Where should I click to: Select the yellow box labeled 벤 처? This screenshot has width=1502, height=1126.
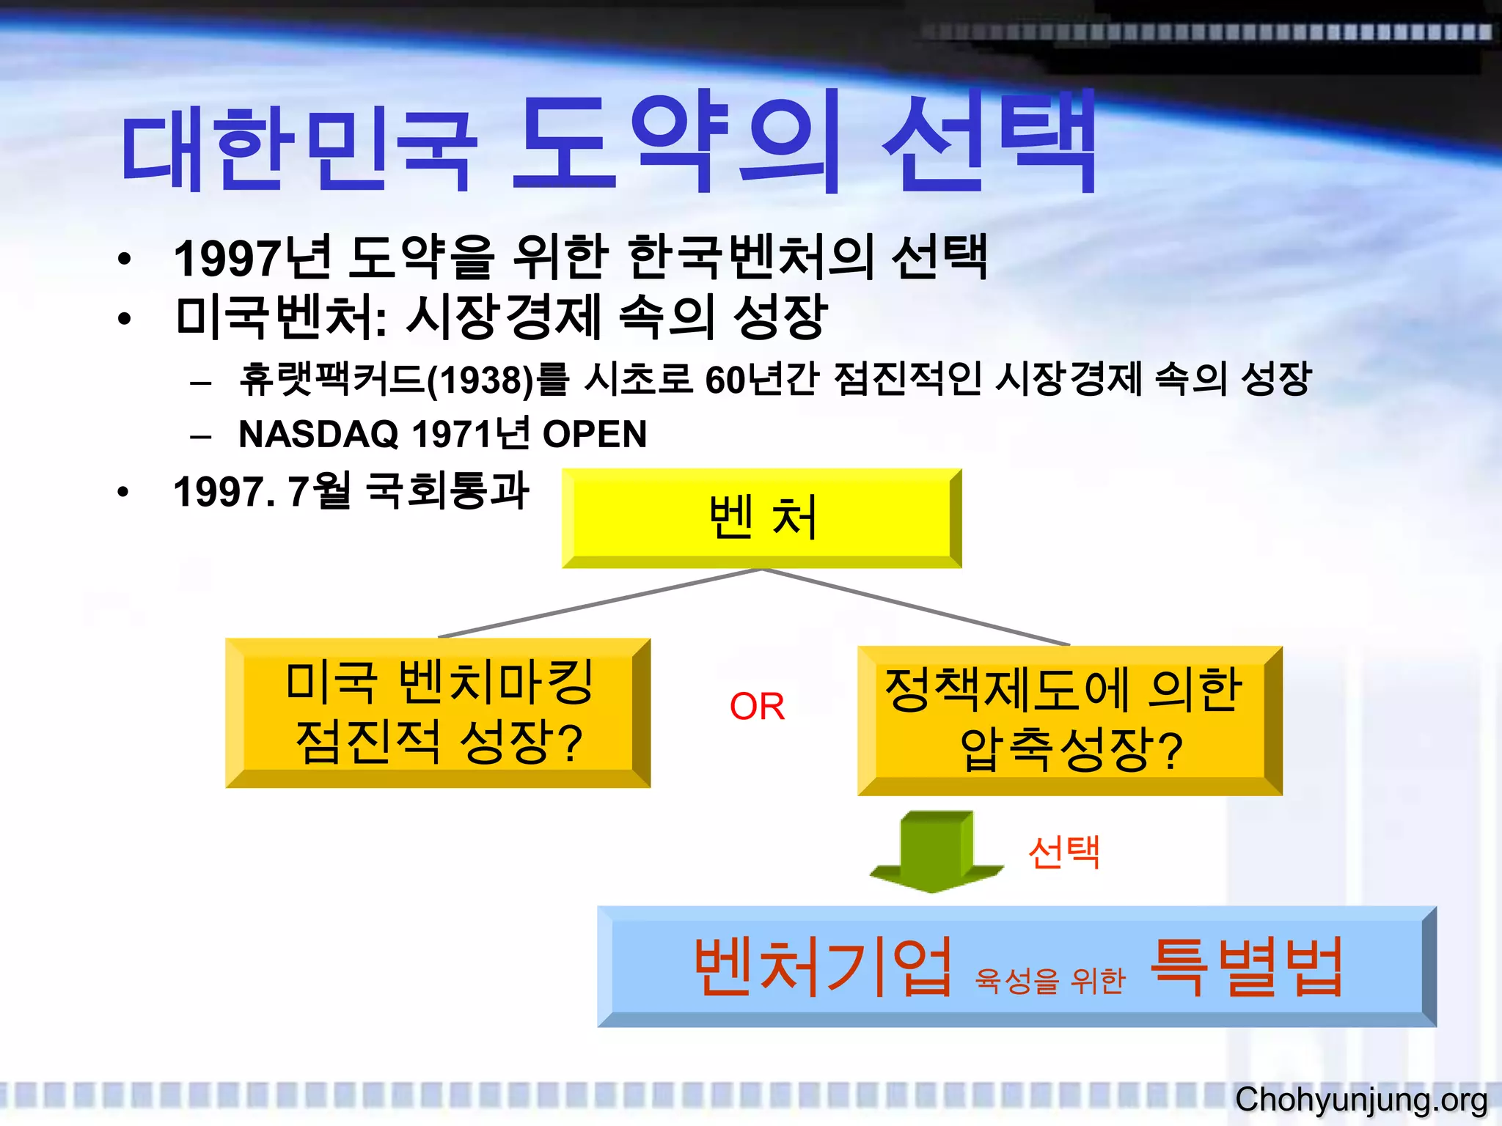pos(761,518)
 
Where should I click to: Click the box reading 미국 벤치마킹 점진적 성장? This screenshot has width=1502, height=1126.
pos(437,713)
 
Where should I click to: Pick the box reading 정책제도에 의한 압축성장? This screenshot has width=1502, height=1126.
pos(1069,720)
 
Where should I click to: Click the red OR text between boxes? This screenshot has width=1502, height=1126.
pos(757,707)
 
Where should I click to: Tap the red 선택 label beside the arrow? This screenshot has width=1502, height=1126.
pos(1063,852)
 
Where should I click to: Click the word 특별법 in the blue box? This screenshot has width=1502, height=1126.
pos(1247,968)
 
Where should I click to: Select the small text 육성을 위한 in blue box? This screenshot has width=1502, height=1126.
pos(1049,980)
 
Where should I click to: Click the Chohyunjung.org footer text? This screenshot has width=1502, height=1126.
pos(1360,1100)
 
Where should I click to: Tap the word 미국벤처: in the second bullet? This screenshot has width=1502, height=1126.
pos(282,318)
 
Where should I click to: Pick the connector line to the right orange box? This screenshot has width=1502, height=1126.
pos(917,607)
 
